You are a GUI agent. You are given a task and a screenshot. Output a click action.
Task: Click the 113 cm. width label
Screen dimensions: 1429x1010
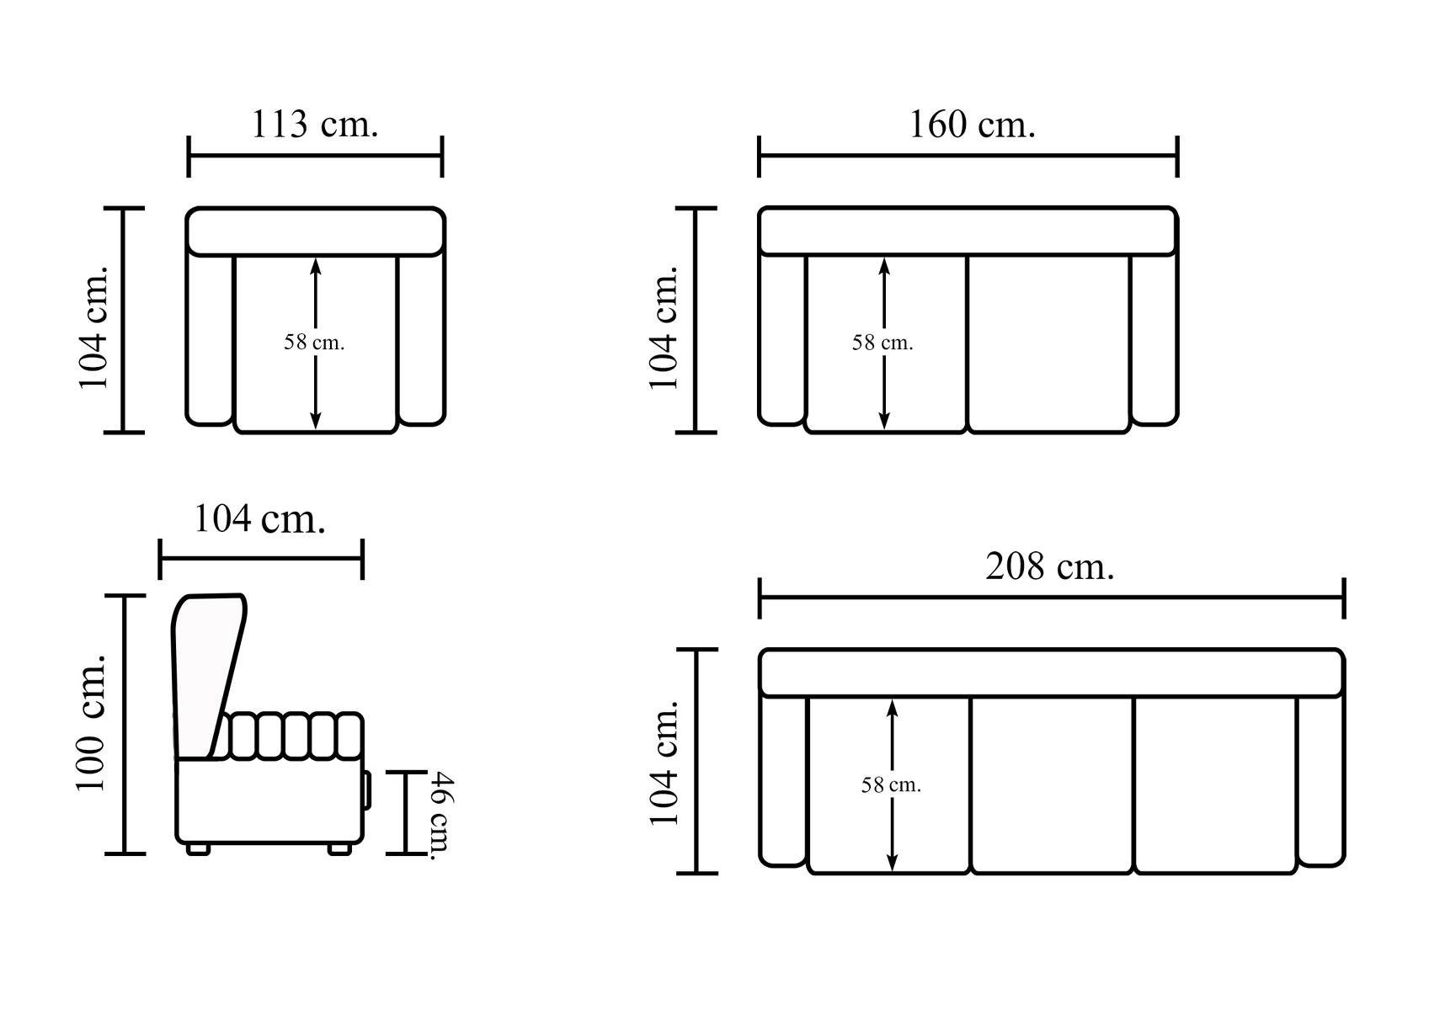pos(315,124)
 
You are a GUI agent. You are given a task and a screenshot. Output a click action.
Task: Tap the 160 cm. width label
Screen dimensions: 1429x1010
pos(972,124)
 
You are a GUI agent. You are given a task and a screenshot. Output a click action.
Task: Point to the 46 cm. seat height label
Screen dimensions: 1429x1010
pos(440,816)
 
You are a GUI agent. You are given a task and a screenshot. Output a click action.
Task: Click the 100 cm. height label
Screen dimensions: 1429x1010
pos(91,723)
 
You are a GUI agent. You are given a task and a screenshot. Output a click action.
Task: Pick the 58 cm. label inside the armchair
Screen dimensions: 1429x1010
pos(314,343)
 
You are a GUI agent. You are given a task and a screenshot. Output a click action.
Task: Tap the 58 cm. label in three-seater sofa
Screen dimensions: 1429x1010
pos(891,785)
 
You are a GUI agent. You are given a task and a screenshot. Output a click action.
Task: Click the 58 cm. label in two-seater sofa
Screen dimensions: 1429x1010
pos(883,343)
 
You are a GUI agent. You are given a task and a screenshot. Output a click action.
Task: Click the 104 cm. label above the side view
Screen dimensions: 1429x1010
pos(259,519)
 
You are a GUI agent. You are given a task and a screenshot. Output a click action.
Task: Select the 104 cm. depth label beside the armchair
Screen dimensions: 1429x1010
pos(93,327)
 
